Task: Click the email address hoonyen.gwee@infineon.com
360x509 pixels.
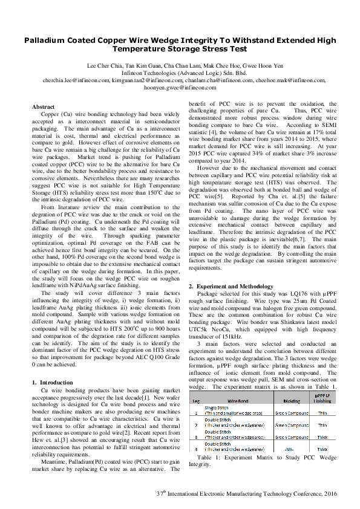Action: click(x=180, y=87)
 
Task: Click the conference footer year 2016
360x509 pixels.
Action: click(x=330, y=493)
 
